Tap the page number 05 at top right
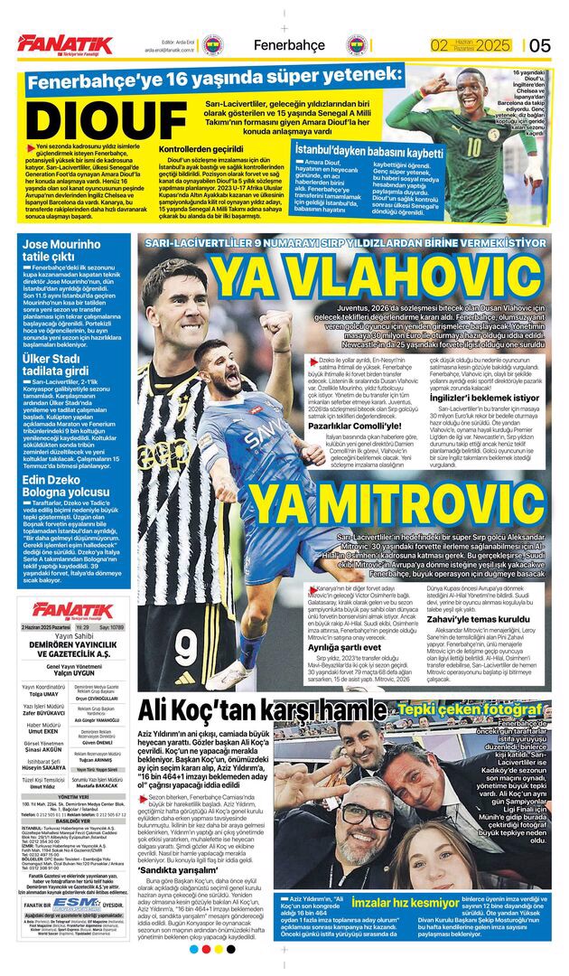point(540,45)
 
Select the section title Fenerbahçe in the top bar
point(289,45)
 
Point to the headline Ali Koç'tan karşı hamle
point(262,709)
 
